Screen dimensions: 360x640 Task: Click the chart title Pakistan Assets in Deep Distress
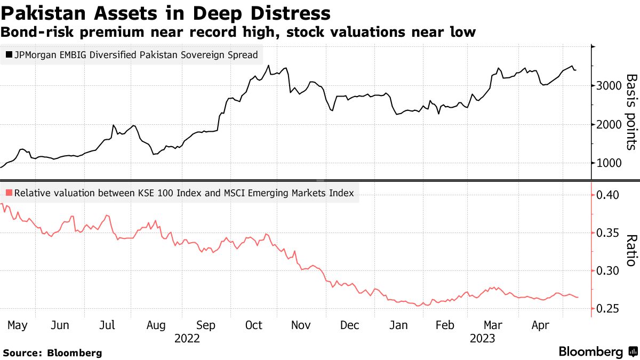[165, 13]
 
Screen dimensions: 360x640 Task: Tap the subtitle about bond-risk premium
[238, 32]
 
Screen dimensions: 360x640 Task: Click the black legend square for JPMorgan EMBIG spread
[9, 54]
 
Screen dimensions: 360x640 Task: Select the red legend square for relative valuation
[9, 193]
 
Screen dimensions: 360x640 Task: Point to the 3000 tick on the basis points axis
[609, 86]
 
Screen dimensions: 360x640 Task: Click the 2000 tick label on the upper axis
[609, 125]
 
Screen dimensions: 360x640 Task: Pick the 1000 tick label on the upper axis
[609, 164]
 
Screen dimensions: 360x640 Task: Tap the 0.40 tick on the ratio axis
[609, 195]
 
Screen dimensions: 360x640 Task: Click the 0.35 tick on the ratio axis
[609, 233]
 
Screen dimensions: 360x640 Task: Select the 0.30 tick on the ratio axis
[609, 271]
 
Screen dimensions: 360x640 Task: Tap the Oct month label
[254, 325]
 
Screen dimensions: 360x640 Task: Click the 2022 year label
[187, 338]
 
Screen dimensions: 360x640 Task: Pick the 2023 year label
[482, 338]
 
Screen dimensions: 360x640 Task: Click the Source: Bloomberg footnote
[52, 353]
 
